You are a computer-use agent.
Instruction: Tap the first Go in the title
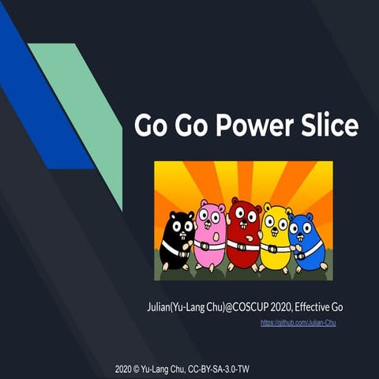[x=149, y=126]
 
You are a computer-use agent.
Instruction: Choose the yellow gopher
[x=276, y=236]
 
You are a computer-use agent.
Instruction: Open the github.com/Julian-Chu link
[x=298, y=323]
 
